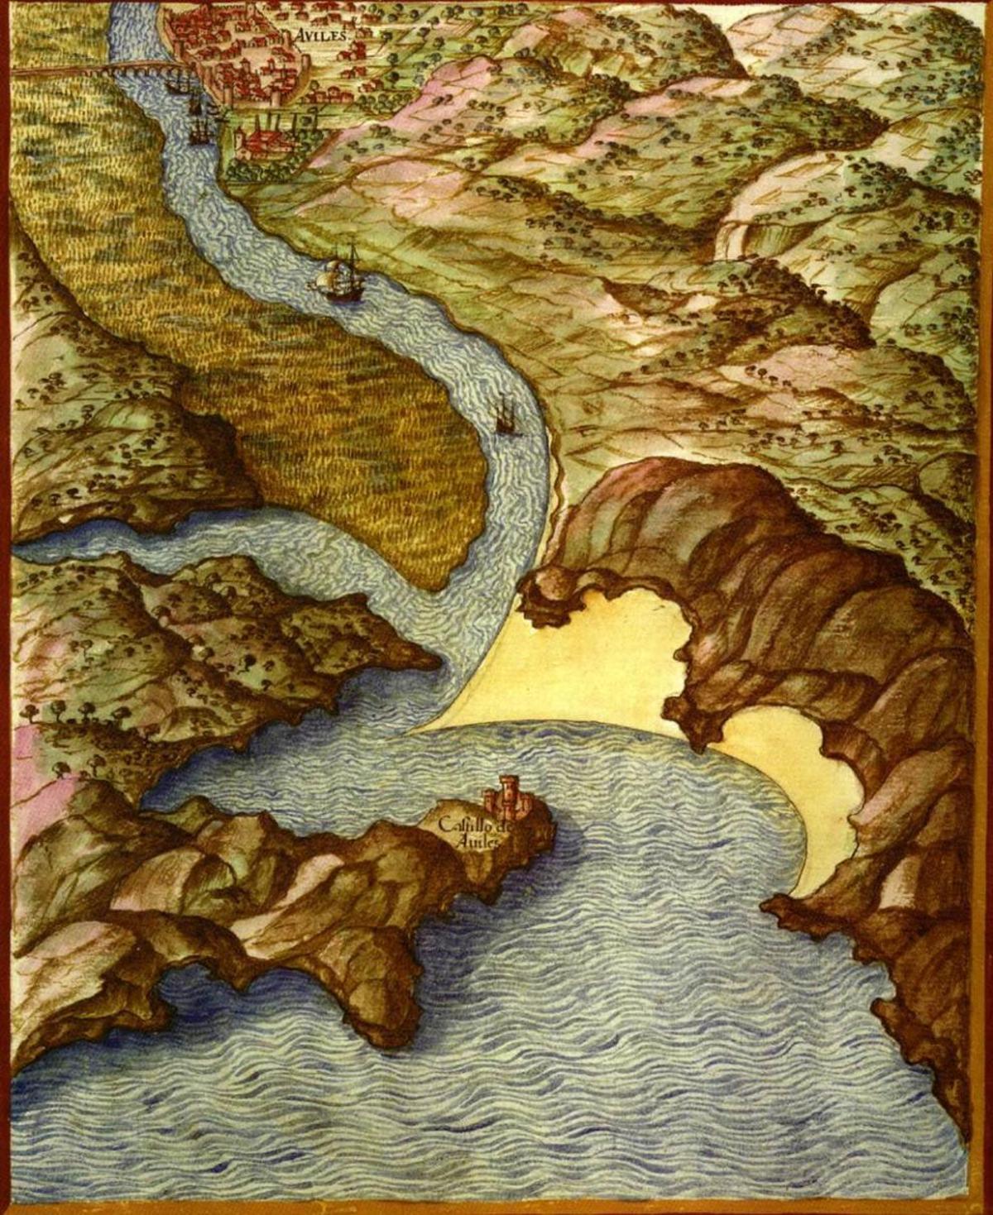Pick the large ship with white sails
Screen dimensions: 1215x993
click(337, 275)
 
